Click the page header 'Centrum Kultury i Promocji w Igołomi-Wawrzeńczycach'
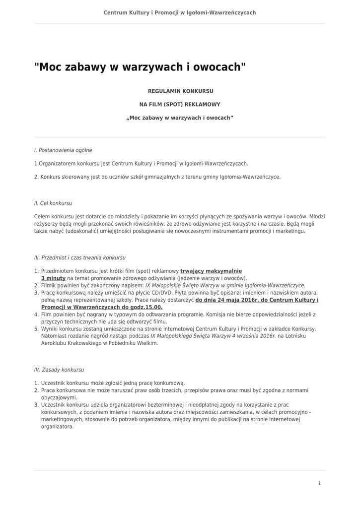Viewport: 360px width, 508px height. tap(180, 12)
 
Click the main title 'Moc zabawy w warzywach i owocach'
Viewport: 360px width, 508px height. tap(140, 67)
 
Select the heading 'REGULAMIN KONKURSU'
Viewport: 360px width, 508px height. tap(181, 91)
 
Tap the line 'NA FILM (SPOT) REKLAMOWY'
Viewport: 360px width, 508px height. tap(180, 105)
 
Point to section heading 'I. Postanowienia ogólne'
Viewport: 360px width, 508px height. tap(63, 150)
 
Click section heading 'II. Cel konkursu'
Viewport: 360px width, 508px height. tap(53, 203)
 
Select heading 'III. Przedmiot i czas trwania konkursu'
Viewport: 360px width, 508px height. tap(80, 258)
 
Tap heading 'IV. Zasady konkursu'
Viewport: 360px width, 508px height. tap(59, 370)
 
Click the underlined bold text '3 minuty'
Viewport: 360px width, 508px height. tap(53, 278)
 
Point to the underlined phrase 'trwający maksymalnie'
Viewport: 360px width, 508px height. tap(211, 271)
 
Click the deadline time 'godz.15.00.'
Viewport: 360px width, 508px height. tap(148, 307)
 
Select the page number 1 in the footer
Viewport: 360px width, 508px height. tap(319, 483)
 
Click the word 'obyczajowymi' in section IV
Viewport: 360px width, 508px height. tap(59, 397)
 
